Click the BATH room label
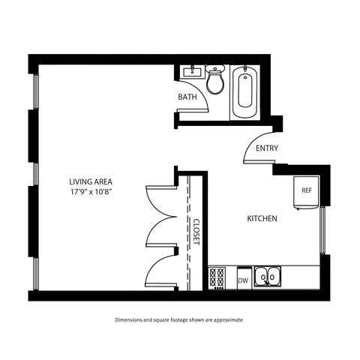pyautogui.click(x=187, y=97)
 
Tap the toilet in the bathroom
pyautogui.click(x=216, y=80)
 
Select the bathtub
pyautogui.click(x=245, y=93)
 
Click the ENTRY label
pyautogui.click(x=266, y=148)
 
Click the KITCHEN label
pyautogui.click(x=262, y=219)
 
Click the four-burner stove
pyautogui.click(x=218, y=277)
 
